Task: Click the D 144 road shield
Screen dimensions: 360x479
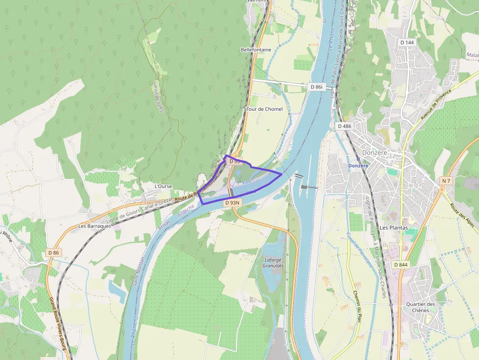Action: point(407,42)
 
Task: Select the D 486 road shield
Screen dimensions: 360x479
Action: point(344,126)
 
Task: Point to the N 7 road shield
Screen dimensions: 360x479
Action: point(445,181)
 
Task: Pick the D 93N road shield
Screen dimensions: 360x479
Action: point(233,202)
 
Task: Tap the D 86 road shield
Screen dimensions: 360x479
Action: point(54,253)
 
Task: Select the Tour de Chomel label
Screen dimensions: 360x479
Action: point(264,109)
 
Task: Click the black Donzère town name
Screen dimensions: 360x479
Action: point(375,152)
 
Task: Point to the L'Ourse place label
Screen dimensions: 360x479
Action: point(163,186)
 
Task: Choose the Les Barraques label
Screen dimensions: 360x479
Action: point(93,226)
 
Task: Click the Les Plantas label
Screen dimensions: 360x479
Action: point(393,228)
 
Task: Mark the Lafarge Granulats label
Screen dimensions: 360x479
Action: point(273,263)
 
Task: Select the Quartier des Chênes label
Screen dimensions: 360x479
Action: point(420,307)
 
